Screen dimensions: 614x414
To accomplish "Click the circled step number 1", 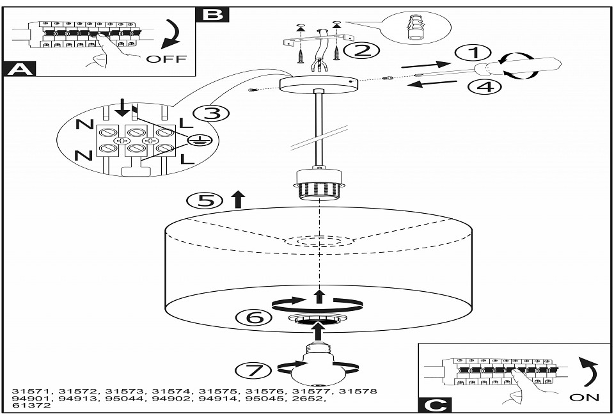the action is (x=473, y=53).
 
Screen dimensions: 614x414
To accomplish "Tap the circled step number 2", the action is (x=361, y=51).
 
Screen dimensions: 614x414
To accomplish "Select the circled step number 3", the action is (x=211, y=114).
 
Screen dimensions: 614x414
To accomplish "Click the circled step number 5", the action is (x=205, y=201).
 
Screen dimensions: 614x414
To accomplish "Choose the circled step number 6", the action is (x=254, y=317).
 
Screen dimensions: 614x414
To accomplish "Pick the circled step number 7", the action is (x=253, y=370).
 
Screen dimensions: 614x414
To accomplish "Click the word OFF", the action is (x=166, y=59).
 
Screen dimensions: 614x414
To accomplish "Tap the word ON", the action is (x=584, y=397).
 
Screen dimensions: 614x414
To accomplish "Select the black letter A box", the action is (x=19, y=69).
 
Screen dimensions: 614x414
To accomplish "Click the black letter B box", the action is (x=212, y=15).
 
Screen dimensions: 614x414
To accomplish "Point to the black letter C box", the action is (x=435, y=404).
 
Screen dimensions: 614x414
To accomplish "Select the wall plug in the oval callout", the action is (x=416, y=28).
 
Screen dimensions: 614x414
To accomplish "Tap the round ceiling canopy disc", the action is (x=319, y=84).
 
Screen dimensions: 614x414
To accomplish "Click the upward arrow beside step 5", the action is (x=238, y=200).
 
